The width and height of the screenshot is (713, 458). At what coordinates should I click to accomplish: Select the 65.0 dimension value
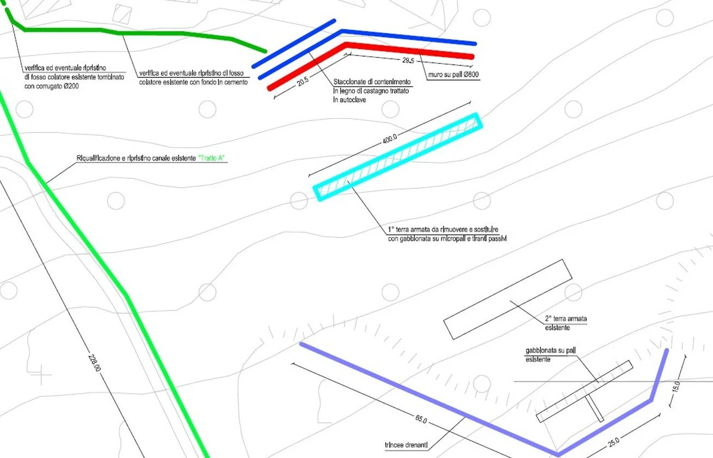421,421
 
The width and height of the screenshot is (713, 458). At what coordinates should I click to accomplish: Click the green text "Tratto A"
212,158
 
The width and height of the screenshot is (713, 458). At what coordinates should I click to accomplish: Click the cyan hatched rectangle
397,157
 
